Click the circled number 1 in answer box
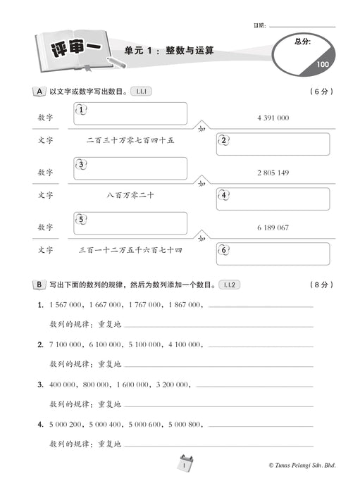(x=82, y=110)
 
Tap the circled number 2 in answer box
(x=224, y=140)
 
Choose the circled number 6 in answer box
(x=224, y=250)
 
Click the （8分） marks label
(x=321, y=285)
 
